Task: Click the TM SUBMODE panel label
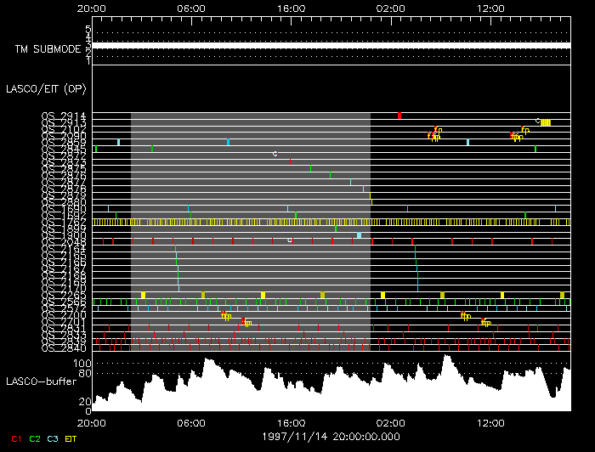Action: click(x=47, y=49)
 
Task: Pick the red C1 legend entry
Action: click(x=15, y=438)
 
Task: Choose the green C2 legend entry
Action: click(x=35, y=438)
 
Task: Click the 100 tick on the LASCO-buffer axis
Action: click(x=82, y=363)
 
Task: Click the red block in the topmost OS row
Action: click(x=399, y=116)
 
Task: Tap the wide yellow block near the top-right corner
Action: click(x=546, y=122)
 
